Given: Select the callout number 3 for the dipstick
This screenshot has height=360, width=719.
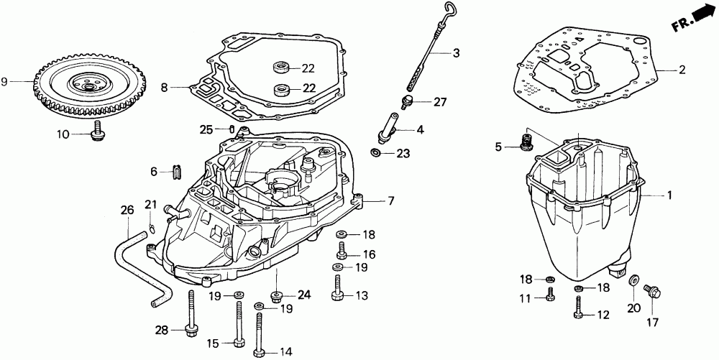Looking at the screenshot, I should [456, 53].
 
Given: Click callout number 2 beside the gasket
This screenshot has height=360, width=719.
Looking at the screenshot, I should [682, 70].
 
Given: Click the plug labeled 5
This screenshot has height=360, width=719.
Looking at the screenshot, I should [526, 143].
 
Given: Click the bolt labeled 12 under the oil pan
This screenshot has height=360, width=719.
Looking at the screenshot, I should [579, 307].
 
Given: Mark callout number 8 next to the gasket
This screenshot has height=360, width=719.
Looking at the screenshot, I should [164, 87].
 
